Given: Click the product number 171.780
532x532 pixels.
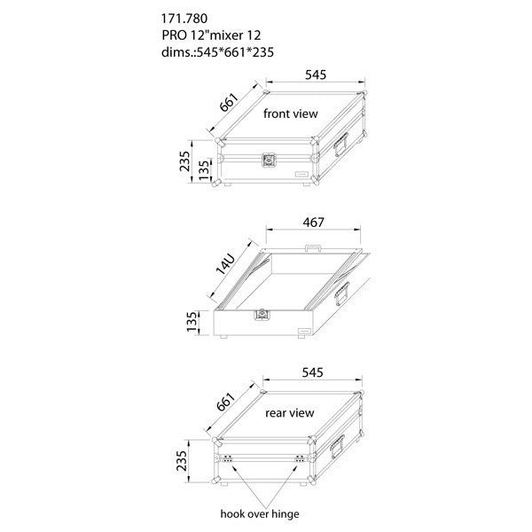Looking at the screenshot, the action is pyautogui.click(x=184, y=19).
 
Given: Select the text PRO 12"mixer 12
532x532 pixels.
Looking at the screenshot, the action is pyautogui.click(x=211, y=35).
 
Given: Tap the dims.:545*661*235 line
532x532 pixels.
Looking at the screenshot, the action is pyautogui.click(x=217, y=52).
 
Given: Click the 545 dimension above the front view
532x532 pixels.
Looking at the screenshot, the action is pyautogui.click(x=316, y=74).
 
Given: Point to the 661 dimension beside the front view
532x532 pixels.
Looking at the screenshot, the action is pyautogui.click(x=229, y=102).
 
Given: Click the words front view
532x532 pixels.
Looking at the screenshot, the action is pyautogui.click(x=291, y=113).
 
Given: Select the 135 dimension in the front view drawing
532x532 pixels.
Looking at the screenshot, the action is pyautogui.click(x=204, y=170).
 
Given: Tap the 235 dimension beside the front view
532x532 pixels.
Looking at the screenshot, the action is pyautogui.click(x=185, y=161).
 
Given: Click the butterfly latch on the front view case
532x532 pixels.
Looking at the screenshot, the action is pyautogui.click(x=269, y=160).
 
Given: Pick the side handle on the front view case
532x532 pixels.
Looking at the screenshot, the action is pyautogui.click(x=341, y=145).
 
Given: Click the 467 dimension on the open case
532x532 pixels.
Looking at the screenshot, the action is pyautogui.click(x=314, y=223).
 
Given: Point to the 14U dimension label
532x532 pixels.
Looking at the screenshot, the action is pyautogui.click(x=225, y=264).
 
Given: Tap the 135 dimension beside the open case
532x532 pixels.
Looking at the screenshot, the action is pyautogui.click(x=192, y=322).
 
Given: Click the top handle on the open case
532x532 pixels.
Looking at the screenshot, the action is pyautogui.click(x=313, y=248).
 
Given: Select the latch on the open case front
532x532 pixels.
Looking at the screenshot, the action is pyautogui.click(x=261, y=315).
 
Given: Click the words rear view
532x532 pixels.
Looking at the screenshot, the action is pyautogui.click(x=290, y=413).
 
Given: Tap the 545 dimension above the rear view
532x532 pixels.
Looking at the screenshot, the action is pyautogui.click(x=312, y=372).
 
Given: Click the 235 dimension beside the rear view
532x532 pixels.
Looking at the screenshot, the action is pyautogui.click(x=182, y=461).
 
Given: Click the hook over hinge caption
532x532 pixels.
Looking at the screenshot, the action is pyautogui.click(x=260, y=514).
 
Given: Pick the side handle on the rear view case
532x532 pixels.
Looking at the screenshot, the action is pyautogui.click(x=338, y=447).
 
